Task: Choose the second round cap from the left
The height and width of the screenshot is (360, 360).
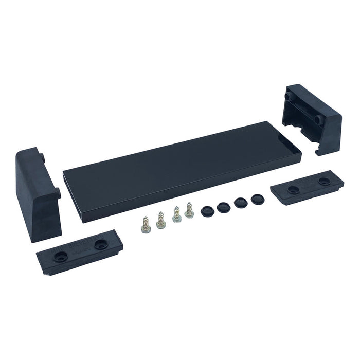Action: point(223,206)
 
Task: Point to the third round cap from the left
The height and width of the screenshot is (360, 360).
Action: point(240,202)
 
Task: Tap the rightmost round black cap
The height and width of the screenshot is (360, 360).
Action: point(256,199)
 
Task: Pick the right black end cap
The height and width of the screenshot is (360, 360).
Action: point(311,118)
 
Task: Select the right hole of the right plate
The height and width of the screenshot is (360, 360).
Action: point(324,181)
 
